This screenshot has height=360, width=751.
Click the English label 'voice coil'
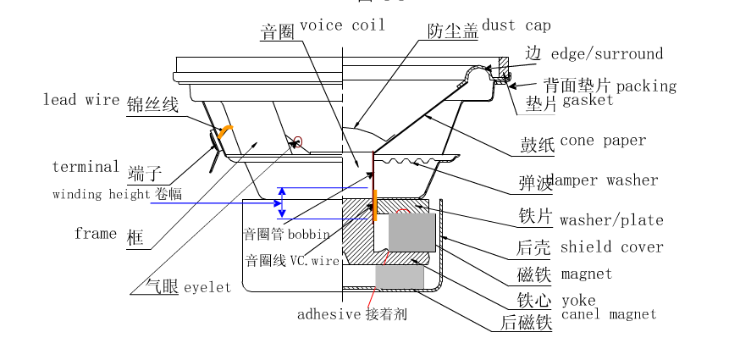[x=342, y=25]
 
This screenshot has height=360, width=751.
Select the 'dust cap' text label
[x=516, y=26]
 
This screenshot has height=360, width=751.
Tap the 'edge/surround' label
[x=607, y=55]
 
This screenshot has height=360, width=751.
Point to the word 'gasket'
[x=588, y=101]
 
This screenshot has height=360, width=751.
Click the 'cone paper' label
[x=603, y=141]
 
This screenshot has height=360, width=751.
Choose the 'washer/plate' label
[x=611, y=221]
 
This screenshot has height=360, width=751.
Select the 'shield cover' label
[x=611, y=248]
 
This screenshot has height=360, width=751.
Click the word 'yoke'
[x=578, y=301]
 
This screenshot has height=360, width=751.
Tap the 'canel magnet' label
[x=608, y=314]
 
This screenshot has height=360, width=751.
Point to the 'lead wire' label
[x=81, y=100]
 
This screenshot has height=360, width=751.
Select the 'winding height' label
[x=102, y=195]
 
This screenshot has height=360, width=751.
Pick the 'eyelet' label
[x=207, y=288]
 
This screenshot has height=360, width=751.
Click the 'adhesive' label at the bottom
[x=329, y=314]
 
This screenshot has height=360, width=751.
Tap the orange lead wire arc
[x=223, y=130]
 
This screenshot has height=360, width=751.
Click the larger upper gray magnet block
[x=411, y=233]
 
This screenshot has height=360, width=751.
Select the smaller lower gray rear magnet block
[x=398, y=276]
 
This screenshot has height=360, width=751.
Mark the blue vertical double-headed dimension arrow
[x=282, y=202]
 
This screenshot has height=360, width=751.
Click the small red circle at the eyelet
[x=297, y=141]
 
